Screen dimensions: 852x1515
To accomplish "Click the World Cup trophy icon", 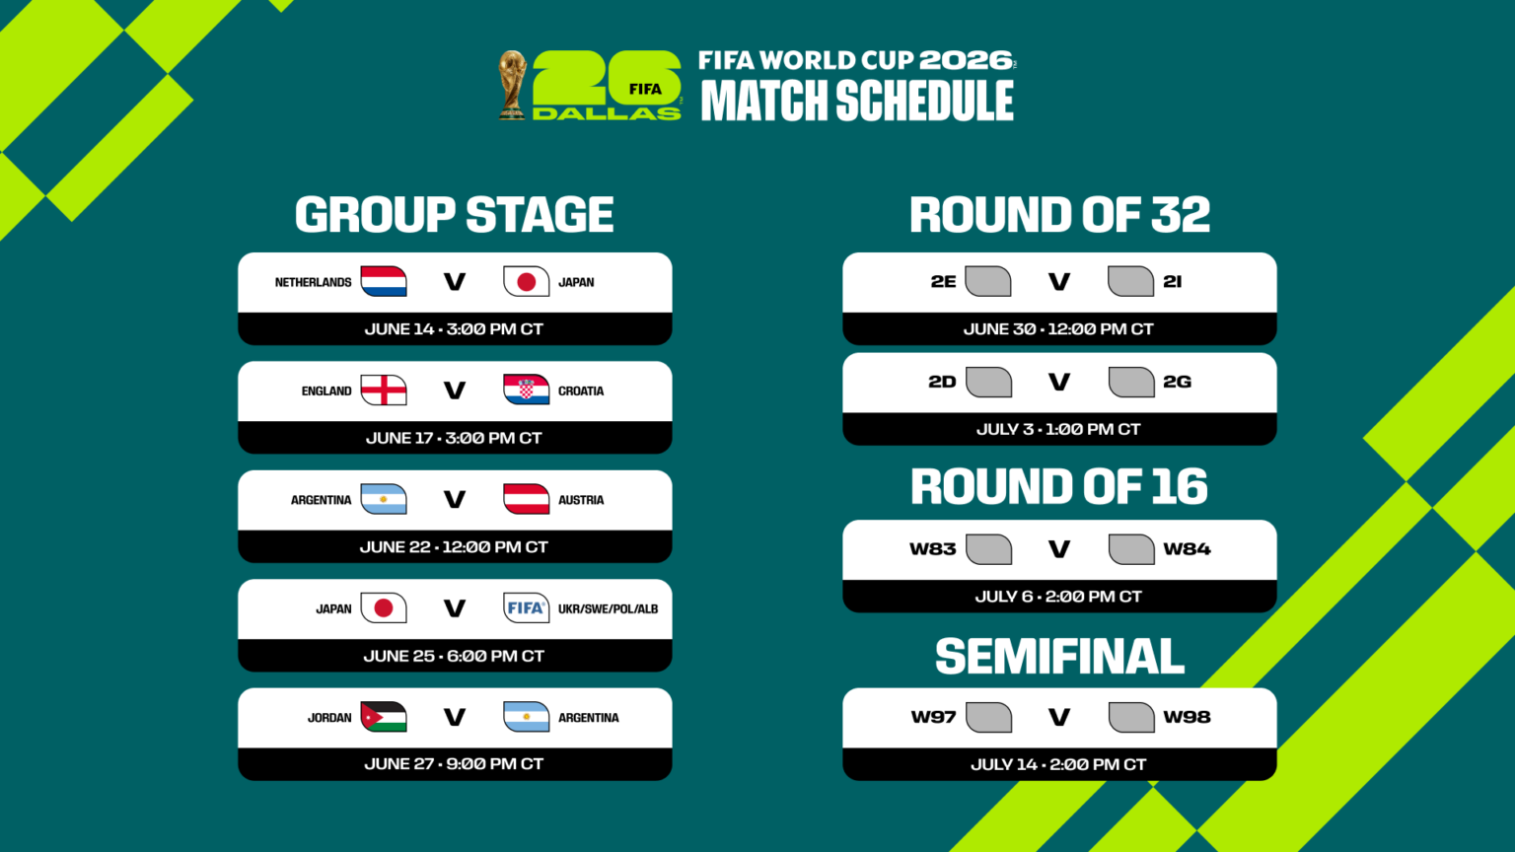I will tap(512, 85).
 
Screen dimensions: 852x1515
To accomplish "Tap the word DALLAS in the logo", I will tap(606, 113).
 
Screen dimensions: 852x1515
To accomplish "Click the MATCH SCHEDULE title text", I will tap(857, 101).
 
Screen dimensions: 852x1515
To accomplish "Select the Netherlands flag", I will tap(384, 282).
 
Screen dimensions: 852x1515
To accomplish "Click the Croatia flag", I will tap(526, 390).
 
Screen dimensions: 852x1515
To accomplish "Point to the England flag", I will tap(384, 390).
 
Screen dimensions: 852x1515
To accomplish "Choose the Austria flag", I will tap(526, 500).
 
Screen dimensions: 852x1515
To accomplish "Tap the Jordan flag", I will tap(384, 717).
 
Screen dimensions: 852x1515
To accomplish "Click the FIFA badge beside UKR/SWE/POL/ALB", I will tap(526, 608).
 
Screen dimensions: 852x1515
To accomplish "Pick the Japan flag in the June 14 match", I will tap(526, 282).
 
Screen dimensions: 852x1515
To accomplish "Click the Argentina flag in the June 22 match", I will tap(384, 500).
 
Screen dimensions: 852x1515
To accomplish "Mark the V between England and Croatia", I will tap(455, 390).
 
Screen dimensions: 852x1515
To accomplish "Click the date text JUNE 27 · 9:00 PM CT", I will tap(454, 764).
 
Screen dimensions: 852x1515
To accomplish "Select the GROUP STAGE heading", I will tap(454, 215).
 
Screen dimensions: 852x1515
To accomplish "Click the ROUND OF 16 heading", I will tap(1058, 486).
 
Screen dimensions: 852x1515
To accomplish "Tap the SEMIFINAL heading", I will tap(1059, 657).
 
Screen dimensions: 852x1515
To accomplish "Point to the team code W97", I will tap(933, 717).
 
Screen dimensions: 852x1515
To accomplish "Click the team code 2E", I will tap(943, 282).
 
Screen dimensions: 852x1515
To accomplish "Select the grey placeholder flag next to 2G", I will tap(1131, 382).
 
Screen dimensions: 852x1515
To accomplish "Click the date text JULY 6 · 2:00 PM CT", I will tap(1058, 597).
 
